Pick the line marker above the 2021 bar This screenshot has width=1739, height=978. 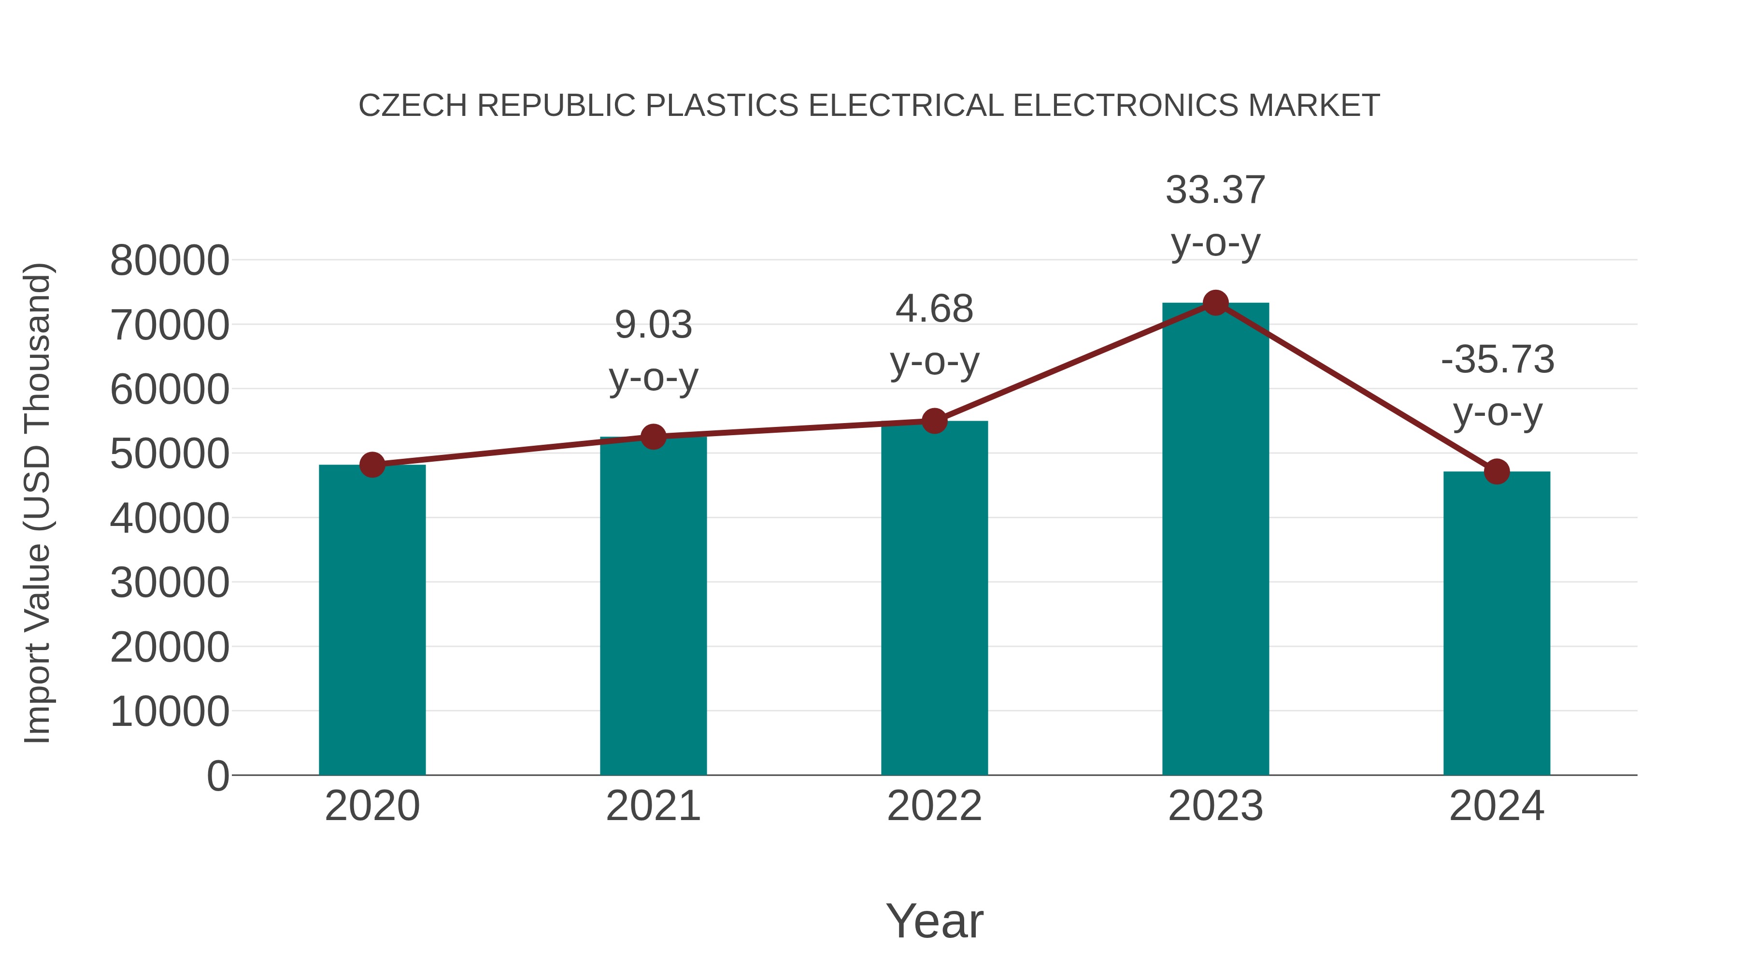point(653,437)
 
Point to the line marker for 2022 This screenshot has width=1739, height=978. point(934,421)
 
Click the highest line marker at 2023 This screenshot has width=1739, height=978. point(1215,303)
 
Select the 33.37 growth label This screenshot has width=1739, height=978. point(1215,190)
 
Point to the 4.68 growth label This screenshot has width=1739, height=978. point(934,309)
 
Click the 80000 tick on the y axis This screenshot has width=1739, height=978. point(170,260)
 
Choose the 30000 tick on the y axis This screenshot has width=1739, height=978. point(170,582)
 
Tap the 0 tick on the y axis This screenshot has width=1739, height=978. point(217,776)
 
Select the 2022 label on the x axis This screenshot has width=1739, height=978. point(934,806)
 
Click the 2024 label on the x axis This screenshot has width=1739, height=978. point(1497,806)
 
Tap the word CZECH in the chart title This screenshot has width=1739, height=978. point(413,105)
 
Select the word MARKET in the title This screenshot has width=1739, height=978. point(1314,105)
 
